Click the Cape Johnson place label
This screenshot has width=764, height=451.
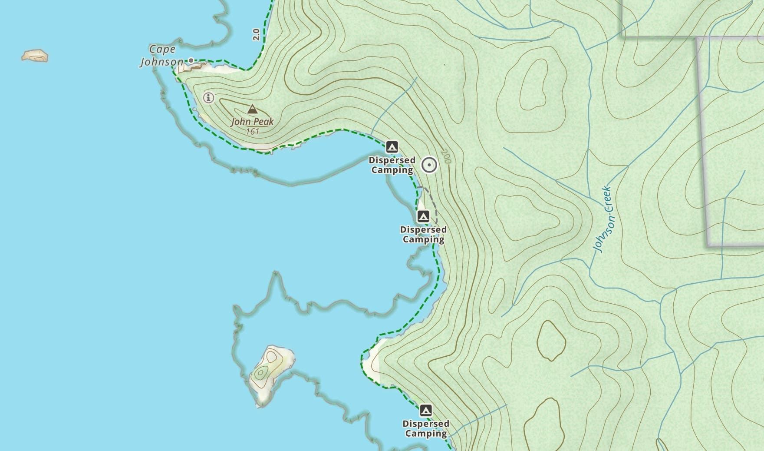[x=161, y=56]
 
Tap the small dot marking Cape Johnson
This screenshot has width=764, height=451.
[x=191, y=60]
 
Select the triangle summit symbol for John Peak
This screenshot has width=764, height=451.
[x=252, y=109]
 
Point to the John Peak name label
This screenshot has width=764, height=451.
[x=252, y=122]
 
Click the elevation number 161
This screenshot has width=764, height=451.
[x=252, y=131]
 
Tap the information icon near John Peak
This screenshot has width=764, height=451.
[x=209, y=98]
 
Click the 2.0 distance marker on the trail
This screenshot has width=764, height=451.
[x=256, y=34]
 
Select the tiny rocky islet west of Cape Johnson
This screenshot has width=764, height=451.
[x=35, y=56]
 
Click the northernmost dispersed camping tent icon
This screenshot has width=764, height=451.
[x=392, y=146]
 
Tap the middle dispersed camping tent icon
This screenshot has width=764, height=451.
[x=423, y=216]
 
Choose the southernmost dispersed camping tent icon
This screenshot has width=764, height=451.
[x=426, y=410]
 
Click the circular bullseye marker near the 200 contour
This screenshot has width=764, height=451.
[x=429, y=165]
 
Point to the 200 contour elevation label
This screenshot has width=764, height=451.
[x=446, y=156]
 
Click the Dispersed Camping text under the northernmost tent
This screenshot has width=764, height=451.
[x=392, y=165]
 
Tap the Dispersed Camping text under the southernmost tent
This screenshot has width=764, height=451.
[x=426, y=428]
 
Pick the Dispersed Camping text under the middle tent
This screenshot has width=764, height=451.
[x=423, y=234]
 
